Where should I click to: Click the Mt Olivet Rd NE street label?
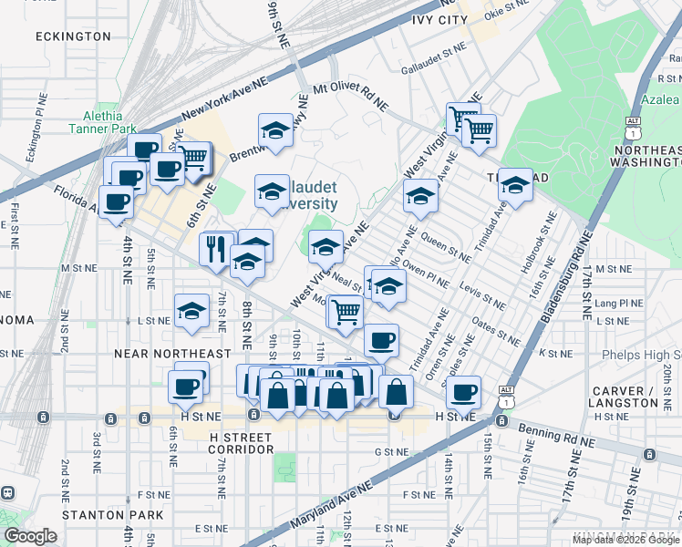tap(350, 96)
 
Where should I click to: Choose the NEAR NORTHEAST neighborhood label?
tap(172, 354)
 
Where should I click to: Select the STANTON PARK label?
tap(99, 515)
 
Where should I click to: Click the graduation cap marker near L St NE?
tap(191, 310)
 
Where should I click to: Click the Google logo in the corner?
tap(30, 536)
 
